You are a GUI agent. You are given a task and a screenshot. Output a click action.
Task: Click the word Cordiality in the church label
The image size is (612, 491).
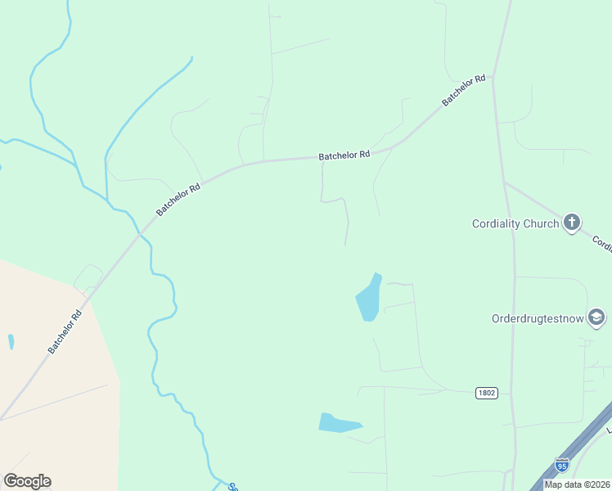point(498,223)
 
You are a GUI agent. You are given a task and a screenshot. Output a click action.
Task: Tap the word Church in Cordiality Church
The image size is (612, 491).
point(542,223)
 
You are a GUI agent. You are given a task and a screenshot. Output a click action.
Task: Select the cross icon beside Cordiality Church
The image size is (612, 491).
point(571,222)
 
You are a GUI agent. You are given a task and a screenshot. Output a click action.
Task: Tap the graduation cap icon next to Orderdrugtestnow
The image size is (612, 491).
point(596,318)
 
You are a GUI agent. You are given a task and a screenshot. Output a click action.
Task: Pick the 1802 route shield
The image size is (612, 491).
point(486,394)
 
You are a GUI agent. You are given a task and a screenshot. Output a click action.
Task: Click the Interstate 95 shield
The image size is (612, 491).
point(561,465)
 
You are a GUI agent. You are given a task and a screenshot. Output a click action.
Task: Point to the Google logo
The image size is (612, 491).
point(27,481)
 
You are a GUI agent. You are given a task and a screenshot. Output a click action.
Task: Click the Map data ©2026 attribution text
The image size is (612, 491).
point(577,484)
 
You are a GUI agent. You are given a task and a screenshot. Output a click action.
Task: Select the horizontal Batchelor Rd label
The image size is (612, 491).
point(344,155)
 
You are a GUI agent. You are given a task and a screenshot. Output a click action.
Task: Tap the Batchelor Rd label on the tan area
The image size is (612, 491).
point(65,331)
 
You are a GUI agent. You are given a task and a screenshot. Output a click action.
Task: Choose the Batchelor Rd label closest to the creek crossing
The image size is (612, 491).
point(178,199)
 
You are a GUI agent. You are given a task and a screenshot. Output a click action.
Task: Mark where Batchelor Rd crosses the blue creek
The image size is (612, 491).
point(141,233)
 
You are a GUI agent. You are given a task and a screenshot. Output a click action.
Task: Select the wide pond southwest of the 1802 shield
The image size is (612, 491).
point(338,423)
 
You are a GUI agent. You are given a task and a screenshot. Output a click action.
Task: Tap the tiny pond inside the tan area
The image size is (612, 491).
point(11,341)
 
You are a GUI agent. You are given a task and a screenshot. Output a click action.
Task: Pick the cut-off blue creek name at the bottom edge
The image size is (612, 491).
point(232,487)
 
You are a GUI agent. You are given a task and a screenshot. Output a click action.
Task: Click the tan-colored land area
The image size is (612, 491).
point(49,385)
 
